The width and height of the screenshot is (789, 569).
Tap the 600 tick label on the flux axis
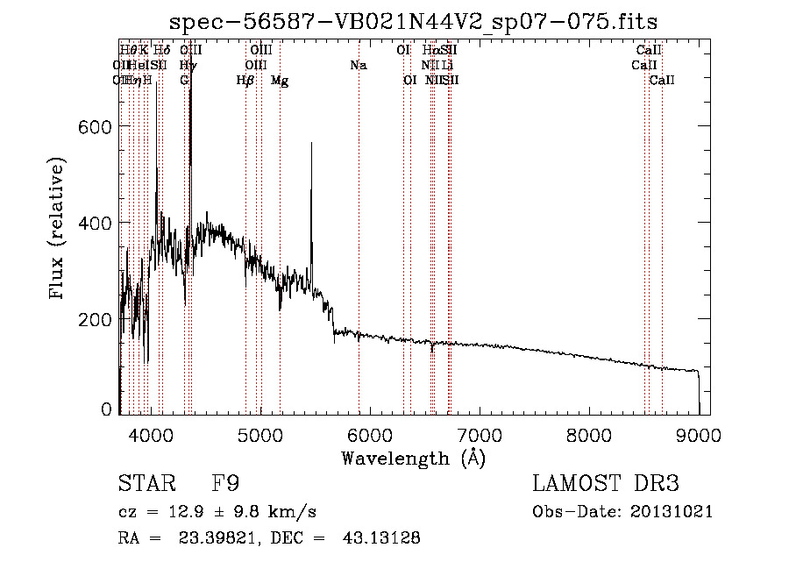[95, 127]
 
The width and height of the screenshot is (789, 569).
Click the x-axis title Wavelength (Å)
[414, 458]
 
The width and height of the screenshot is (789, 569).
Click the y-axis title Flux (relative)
[58, 230]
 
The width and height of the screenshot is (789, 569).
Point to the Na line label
[358, 65]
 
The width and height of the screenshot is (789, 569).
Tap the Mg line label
[280, 81]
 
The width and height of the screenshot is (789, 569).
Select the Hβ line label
[245, 81]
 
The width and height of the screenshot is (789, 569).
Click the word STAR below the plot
[145, 483]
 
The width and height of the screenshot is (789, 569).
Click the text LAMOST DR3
[605, 483]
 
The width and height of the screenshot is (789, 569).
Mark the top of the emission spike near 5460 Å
[311, 143]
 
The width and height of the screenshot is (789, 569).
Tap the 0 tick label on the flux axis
[107, 409]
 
